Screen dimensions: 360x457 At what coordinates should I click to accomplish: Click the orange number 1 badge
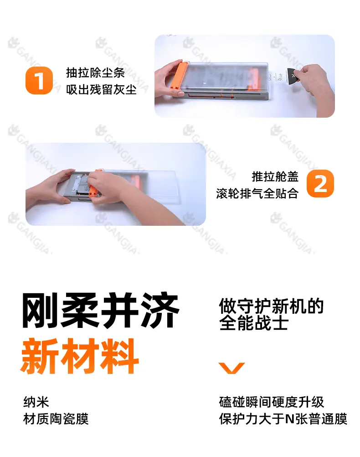[x=39, y=80]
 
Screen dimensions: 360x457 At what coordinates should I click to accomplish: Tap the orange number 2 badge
[x=320, y=184]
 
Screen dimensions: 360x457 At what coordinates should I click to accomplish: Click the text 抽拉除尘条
[x=96, y=73]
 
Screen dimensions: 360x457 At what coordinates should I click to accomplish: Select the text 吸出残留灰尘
[x=101, y=89]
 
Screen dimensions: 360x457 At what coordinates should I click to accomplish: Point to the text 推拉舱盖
[x=275, y=177]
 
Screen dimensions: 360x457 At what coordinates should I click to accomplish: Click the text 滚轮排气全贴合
[x=257, y=193]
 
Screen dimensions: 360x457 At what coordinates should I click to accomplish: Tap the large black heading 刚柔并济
[x=101, y=310]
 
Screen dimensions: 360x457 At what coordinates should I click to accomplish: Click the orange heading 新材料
[x=79, y=356]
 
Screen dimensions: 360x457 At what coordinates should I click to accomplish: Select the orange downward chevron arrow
[x=231, y=368]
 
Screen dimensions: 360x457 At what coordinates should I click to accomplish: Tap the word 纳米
[x=36, y=402]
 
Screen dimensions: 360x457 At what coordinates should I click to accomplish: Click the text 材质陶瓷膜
[x=56, y=419]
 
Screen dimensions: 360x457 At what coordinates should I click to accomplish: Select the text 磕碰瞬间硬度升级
[x=272, y=402]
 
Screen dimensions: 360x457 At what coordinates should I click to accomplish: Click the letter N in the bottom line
[x=290, y=419]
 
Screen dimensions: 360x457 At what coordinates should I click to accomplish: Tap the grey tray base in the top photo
[x=221, y=96]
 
